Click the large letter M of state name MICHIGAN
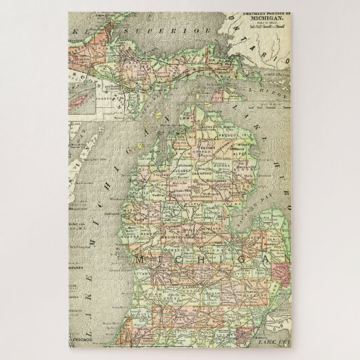coord(145,260)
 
